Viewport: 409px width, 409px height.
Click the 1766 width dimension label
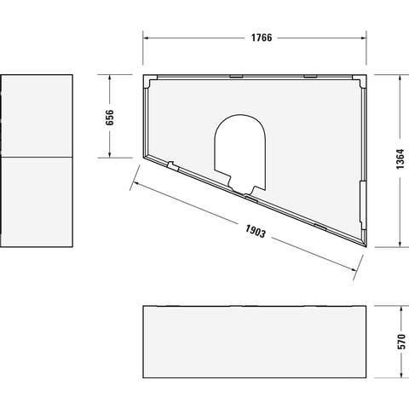pyautogui.click(x=262, y=37)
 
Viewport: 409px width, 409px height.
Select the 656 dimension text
pyautogui.click(x=109, y=118)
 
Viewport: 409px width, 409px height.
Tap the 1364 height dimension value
pyautogui.click(x=400, y=159)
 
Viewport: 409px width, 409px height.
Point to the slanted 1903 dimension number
pyautogui.click(x=256, y=231)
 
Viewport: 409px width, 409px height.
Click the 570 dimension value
pyautogui.click(x=401, y=342)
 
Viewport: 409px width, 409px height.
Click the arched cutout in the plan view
pyautogui.click(x=240, y=115)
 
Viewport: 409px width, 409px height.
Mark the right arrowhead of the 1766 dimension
pyautogui.click(x=363, y=37)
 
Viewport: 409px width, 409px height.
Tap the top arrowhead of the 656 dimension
pyautogui.click(x=109, y=78)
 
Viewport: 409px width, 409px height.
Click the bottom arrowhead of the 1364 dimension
pyautogui.click(x=400, y=244)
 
